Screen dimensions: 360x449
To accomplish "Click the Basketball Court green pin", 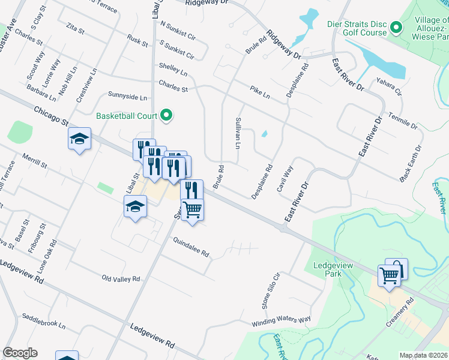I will [167, 116].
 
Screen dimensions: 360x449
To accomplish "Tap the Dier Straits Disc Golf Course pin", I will [396, 28].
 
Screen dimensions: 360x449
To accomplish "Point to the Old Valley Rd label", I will [121, 279].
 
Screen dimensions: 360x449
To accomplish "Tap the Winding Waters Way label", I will [281, 320].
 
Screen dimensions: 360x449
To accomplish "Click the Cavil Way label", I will [285, 179].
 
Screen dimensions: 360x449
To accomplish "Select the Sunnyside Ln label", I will [127, 95].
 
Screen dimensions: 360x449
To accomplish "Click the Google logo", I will [20, 353].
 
